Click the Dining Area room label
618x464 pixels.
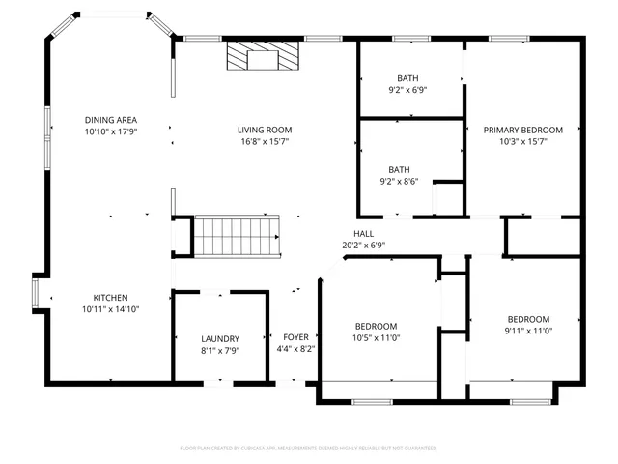click(111, 120)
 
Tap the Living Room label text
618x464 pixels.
click(265, 130)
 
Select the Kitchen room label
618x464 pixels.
click(110, 298)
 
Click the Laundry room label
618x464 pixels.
click(220, 338)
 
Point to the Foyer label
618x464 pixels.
click(295, 337)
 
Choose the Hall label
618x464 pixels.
click(363, 234)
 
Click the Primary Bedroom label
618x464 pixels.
click(523, 130)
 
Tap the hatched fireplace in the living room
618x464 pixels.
click(262, 57)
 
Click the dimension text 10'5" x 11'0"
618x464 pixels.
click(376, 338)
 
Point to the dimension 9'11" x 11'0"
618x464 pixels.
click(528, 331)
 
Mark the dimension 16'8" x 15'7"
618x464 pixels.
click(265, 141)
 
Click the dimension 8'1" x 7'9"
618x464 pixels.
click(220, 350)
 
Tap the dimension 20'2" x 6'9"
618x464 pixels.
click(363, 246)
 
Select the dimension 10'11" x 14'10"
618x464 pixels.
click(110, 309)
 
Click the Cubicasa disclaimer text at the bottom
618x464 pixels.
click(308, 449)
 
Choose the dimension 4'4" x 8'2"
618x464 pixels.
click(295, 349)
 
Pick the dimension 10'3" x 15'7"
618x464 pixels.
click(523, 141)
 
